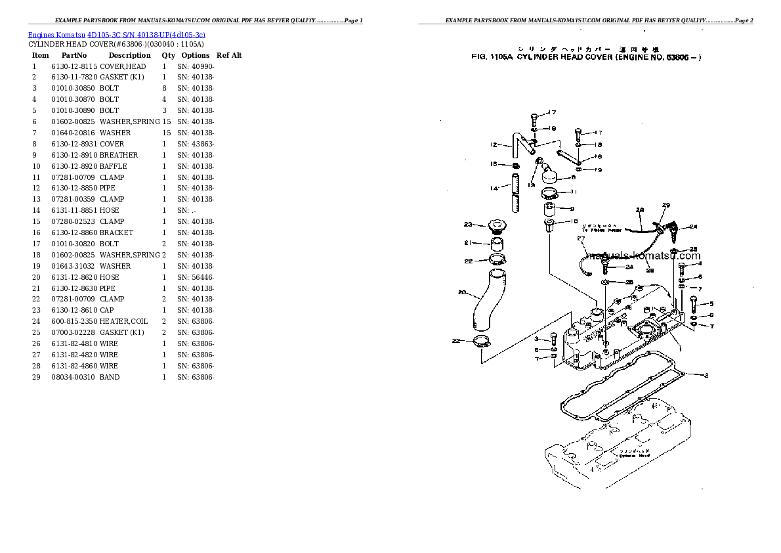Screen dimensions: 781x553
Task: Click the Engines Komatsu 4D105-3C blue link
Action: point(116,34)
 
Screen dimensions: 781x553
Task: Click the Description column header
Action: point(129,56)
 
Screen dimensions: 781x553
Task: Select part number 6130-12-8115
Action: point(74,66)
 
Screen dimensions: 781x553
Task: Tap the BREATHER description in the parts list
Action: point(119,155)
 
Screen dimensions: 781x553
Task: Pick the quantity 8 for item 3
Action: point(164,89)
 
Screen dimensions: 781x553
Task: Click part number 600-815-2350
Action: point(74,321)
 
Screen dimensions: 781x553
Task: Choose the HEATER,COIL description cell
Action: point(123,321)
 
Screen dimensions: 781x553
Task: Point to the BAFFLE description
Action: point(114,166)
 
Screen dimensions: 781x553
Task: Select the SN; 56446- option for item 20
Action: point(196,277)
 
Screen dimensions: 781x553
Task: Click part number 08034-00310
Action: point(74,377)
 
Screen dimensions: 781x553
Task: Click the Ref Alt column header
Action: point(229,56)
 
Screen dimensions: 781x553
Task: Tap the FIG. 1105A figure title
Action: point(586,58)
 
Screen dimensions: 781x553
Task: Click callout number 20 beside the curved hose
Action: point(461,292)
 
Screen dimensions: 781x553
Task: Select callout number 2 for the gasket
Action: point(706,376)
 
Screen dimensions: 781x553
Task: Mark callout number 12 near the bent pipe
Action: point(494,145)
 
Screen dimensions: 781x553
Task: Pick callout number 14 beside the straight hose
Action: point(494,188)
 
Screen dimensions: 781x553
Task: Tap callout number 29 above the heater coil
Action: point(665,206)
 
